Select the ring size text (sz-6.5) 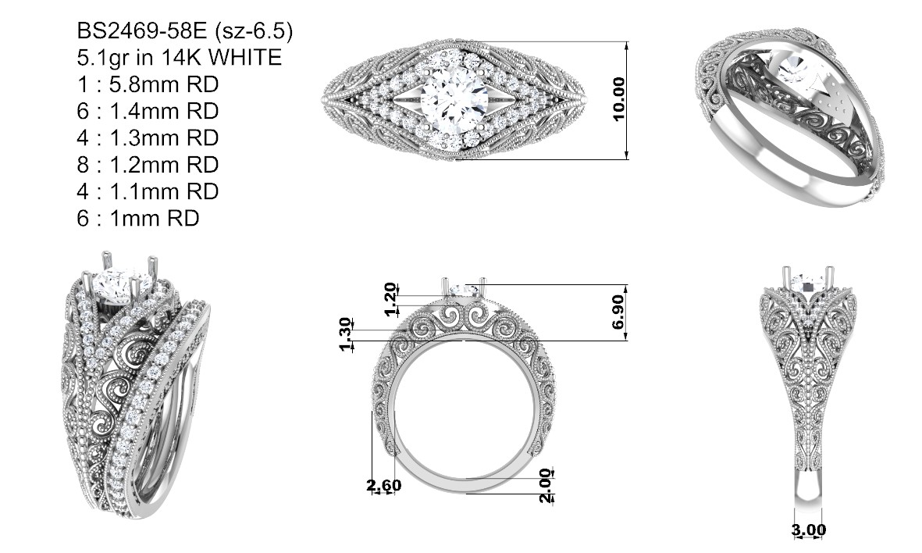(x=254, y=30)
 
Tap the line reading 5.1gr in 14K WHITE (x=180, y=58)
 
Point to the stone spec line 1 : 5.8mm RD (x=148, y=84)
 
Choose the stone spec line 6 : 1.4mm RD (x=148, y=111)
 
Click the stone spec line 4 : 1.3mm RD (x=148, y=137)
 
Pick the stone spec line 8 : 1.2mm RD (x=148, y=165)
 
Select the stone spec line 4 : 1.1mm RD (x=148, y=191)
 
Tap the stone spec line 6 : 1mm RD (x=138, y=218)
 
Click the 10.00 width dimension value (x=618, y=99)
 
